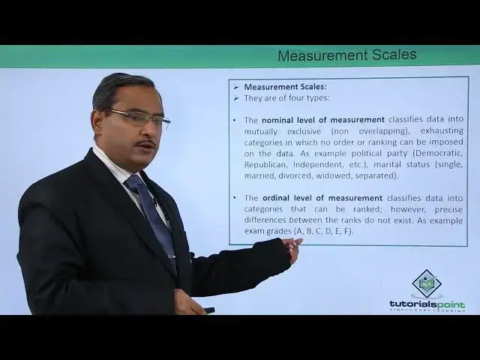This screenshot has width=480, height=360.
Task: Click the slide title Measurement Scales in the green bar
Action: pyautogui.click(x=346, y=55)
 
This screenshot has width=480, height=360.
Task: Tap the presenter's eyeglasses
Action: pyautogui.click(x=139, y=117)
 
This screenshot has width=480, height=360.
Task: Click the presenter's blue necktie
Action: pyautogui.click(x=153, y=214)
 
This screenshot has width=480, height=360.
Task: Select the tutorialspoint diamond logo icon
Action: pyautogui.click(x=427, y=283)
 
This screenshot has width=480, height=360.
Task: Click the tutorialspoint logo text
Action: pyautogui.click(x=427, y=304)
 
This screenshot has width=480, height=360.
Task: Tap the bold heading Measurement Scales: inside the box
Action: pyautogui.click(x=285, y=87)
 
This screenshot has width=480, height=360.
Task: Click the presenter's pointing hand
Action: pyautogui.click(x=292, y=248)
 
